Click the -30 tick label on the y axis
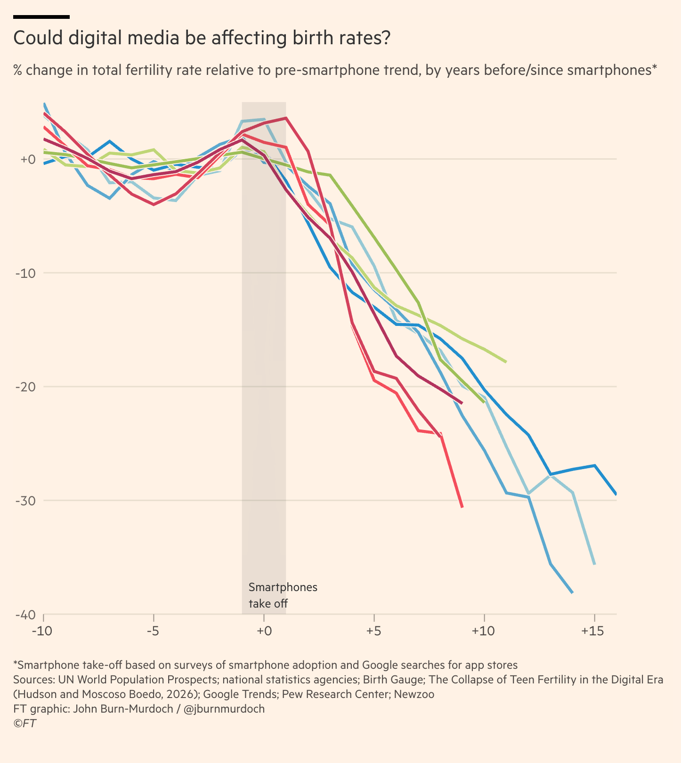(x=26, y=501)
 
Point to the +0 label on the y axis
(x=27, y=159)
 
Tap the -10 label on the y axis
(x=26, y=273)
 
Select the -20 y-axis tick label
(x=26, y=387)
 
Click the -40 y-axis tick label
(x=26, y=615)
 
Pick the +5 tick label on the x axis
(x=373, y=631)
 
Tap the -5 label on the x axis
(x=153, y=631)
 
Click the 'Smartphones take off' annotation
(x=283, y=595)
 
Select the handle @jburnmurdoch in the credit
(x=224, y=709)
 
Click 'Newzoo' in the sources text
(x=414, y=694)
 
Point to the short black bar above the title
(x=41, y=17)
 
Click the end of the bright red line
(x=462, y=507)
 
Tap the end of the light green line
(x=506, y=362)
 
